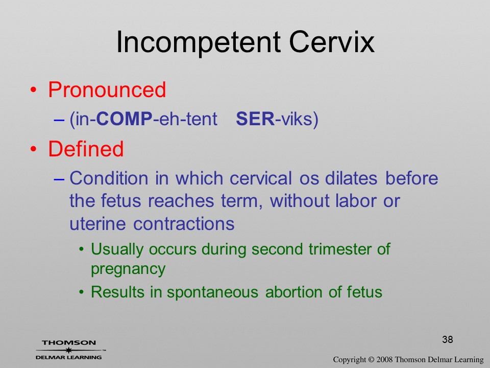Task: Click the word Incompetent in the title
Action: pos(198,43)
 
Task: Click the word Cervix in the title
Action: pos(332,42)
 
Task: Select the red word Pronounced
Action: pos(107,90)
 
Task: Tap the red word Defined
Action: pos(86,149)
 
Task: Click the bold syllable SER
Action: pos(255,119)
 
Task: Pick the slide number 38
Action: pos(448,339)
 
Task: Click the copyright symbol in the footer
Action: pos(371,360)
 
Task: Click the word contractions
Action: pos(184,224)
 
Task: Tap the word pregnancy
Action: pos(128,270)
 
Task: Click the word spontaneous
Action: pos(212,292)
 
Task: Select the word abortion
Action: pos(294,292)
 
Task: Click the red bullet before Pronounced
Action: pos(34,90)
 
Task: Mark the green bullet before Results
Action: pos(82,292)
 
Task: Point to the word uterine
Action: pos(97,224)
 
